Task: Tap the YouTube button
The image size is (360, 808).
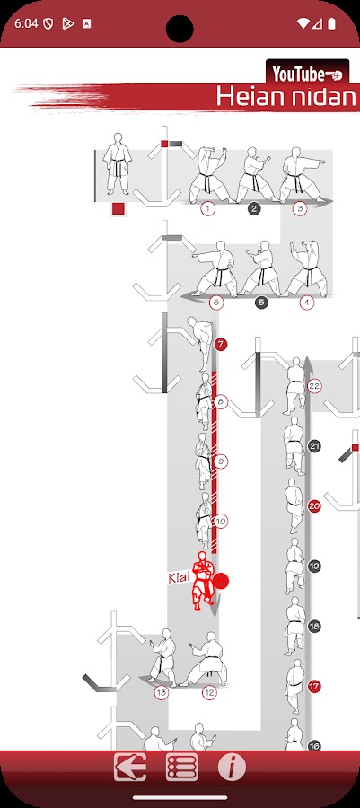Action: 307,74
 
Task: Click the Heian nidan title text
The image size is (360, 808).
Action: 286,95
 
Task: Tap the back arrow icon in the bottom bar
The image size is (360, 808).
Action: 130,768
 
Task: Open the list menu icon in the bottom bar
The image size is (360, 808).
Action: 182,768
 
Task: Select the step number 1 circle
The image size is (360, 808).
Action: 207,208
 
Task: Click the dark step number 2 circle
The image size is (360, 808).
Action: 254,208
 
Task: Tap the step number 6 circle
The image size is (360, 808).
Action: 216,303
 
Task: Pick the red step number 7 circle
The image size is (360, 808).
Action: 221,344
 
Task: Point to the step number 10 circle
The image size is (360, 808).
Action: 221,522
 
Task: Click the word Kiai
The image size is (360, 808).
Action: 180,578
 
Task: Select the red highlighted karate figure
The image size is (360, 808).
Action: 202,581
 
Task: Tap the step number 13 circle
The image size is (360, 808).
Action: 162,692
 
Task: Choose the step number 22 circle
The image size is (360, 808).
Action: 314,386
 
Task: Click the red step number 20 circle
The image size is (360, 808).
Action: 314,506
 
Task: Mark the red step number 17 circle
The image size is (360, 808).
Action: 314,687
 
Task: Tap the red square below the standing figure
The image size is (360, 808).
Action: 119,208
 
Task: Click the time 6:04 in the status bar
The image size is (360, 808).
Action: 25,23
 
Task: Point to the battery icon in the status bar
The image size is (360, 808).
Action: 331,23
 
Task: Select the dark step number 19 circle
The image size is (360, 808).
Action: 314,566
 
